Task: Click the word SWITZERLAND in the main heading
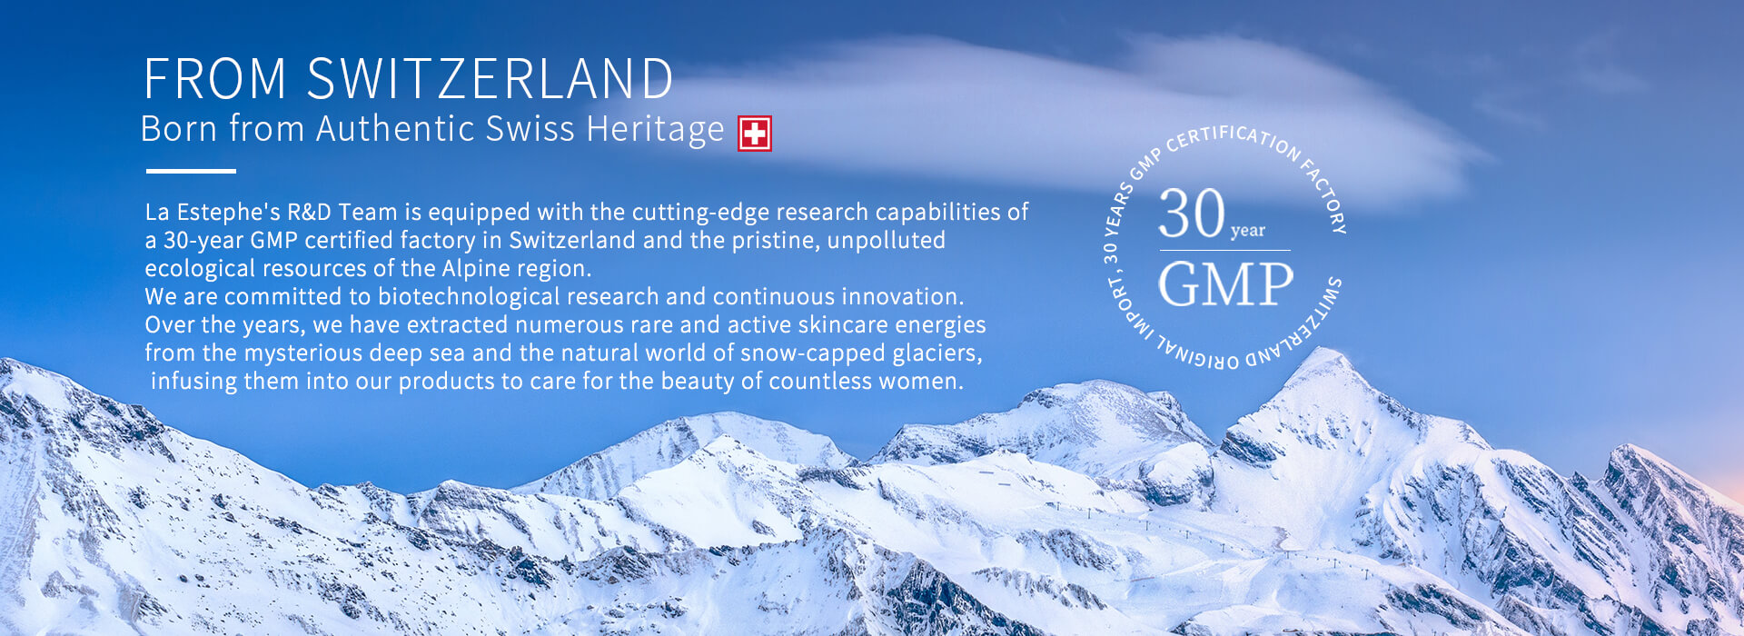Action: coord(490,78)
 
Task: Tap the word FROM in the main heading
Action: coord(216,78)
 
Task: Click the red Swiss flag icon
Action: coord(754,134)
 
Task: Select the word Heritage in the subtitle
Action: coord(655,130)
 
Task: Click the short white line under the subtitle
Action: coord(191,171)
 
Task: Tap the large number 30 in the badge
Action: coord(1192,214)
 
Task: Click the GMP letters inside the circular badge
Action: coord(1225,283)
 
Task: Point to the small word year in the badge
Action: coord(1248,231)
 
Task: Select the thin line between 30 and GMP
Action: coord(1224,250)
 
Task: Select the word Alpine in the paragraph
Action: coord(478,269)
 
